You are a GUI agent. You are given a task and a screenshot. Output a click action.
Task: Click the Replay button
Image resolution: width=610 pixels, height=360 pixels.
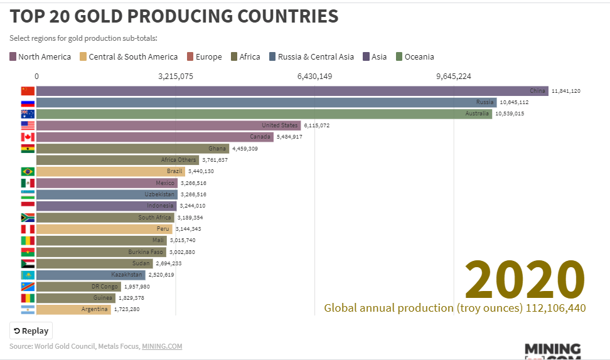31,331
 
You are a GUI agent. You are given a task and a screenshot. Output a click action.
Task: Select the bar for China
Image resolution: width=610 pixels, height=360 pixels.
292,91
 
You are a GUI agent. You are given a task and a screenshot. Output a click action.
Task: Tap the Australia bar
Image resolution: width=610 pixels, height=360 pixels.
264,114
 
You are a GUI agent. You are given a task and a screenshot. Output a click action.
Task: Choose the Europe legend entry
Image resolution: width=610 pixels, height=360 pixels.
204,57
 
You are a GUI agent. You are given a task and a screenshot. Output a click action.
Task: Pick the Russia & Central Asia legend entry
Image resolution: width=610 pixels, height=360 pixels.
311,57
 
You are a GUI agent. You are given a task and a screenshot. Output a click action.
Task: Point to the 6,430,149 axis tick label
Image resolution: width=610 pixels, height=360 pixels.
314,77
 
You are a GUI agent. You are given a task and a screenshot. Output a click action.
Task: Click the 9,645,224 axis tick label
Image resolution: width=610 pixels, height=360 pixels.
453,77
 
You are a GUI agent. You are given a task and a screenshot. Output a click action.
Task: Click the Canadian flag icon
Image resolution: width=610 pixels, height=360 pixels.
28,137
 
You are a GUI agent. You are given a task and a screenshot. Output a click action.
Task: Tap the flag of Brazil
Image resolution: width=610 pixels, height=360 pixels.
28,171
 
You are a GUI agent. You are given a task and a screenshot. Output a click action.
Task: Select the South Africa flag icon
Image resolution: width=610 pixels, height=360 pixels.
28,218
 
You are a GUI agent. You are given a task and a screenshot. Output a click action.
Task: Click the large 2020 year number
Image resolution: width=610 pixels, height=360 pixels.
525,280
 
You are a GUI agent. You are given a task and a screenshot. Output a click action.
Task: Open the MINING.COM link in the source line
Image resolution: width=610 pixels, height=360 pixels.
162,346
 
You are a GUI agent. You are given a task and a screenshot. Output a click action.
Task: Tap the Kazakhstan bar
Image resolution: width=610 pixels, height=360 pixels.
91,275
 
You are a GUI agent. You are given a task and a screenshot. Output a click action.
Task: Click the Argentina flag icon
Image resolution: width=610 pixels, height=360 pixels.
28,309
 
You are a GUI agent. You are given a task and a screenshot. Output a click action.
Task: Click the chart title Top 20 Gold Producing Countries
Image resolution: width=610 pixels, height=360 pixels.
174,16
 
